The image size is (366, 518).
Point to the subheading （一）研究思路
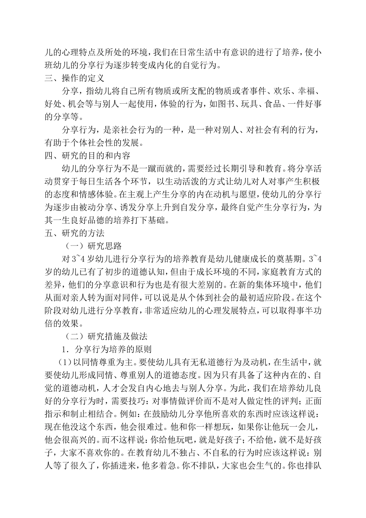coord(92,246)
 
